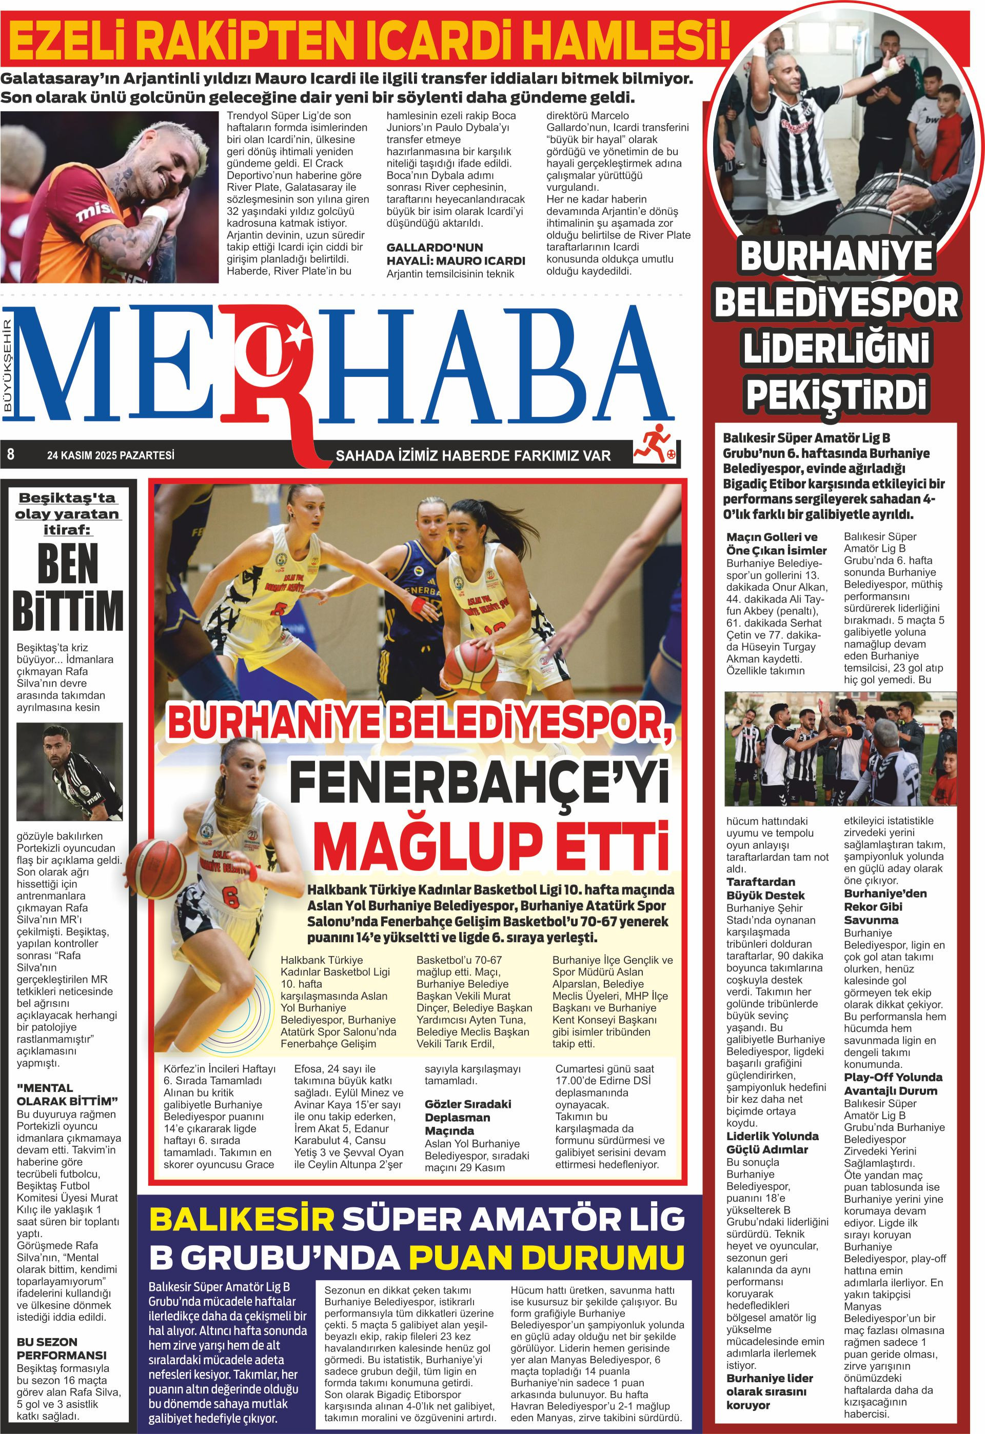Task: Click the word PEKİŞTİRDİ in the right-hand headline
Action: [836, 394]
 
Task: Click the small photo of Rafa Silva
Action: [70, 771]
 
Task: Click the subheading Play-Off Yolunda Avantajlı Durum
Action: [893, 1084]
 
